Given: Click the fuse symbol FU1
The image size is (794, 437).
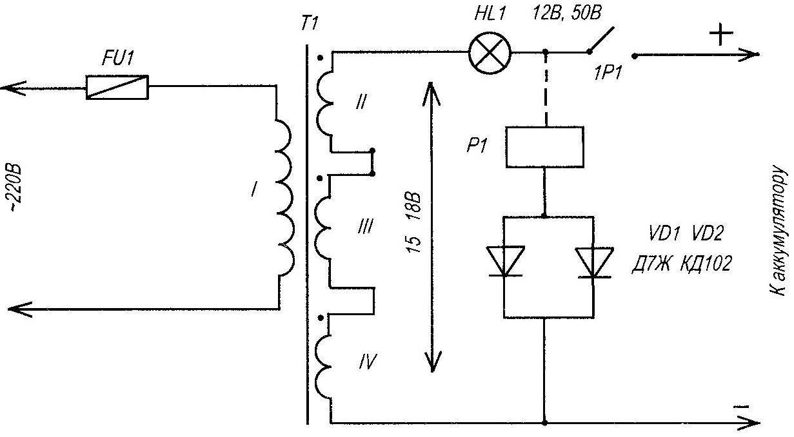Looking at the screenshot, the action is [117, 87].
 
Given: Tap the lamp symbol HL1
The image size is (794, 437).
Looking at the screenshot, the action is [490, 53].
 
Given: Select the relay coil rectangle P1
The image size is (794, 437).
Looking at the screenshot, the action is [545, 147].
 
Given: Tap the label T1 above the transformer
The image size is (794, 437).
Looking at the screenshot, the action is [310, 24].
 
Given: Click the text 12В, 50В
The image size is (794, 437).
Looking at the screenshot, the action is [566, 14].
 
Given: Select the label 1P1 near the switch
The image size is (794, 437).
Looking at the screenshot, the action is [607, 73].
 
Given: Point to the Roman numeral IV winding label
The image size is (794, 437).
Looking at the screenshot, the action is [367, 362].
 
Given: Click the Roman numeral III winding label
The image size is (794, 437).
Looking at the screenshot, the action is [365, 226].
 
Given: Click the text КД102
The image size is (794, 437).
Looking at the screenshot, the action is [706, 264].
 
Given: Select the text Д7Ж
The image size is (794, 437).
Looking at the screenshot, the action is [651, 264].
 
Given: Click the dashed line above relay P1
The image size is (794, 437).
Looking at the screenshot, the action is [546, 90].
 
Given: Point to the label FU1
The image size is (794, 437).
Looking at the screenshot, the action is [117, 58].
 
